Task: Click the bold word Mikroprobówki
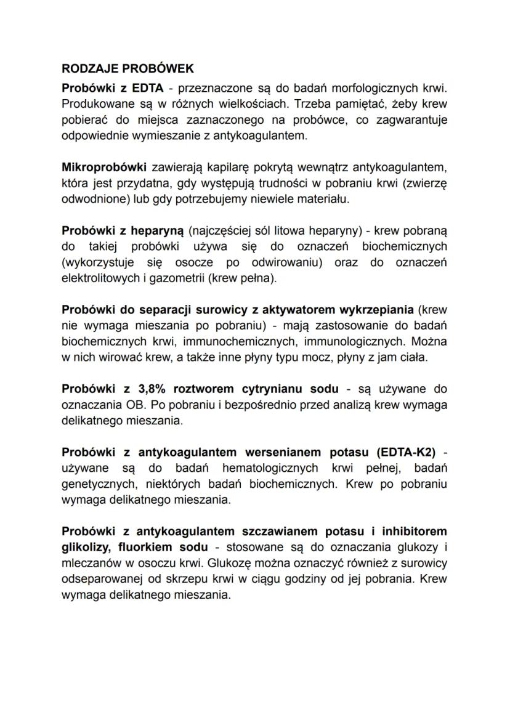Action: tap(104, 166)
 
